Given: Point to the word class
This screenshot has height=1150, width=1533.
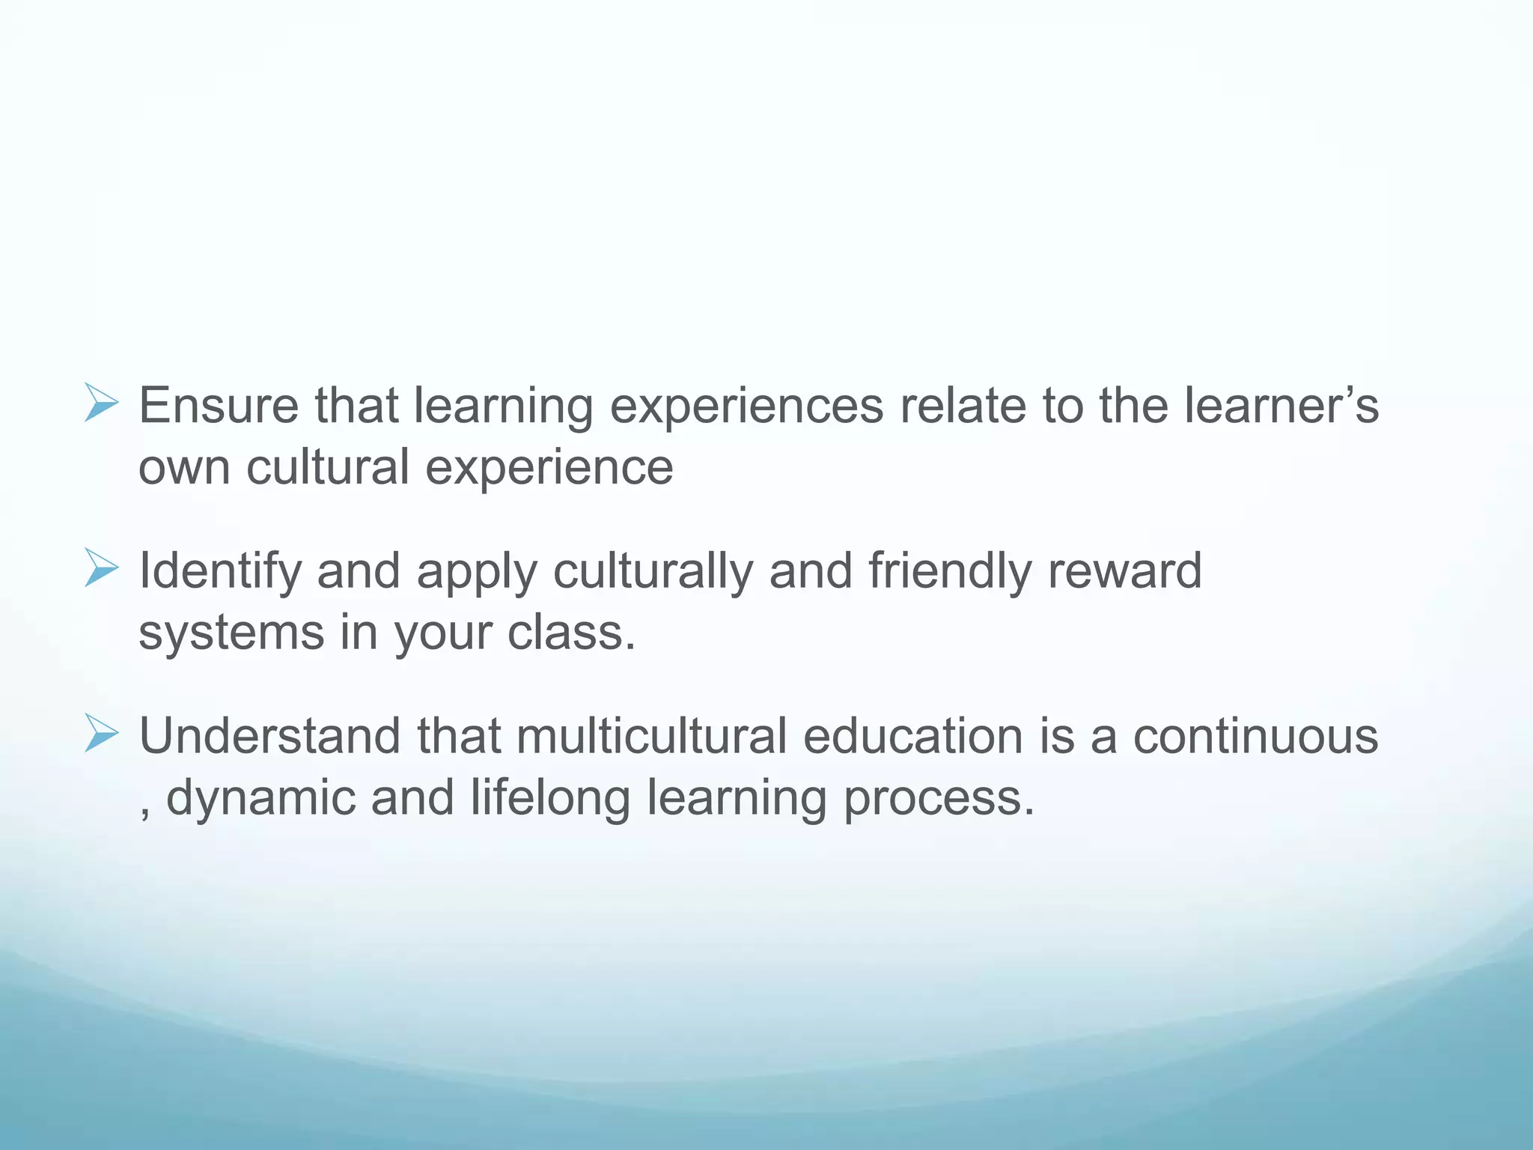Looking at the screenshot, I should point(571,633).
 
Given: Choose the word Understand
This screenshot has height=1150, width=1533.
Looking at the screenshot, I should point(270,736).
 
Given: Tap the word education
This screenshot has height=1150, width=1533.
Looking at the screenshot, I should point(912,736).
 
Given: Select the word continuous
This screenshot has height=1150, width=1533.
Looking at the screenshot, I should point(1255,736).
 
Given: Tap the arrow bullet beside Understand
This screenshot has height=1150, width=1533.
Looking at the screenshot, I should point(101,733).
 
